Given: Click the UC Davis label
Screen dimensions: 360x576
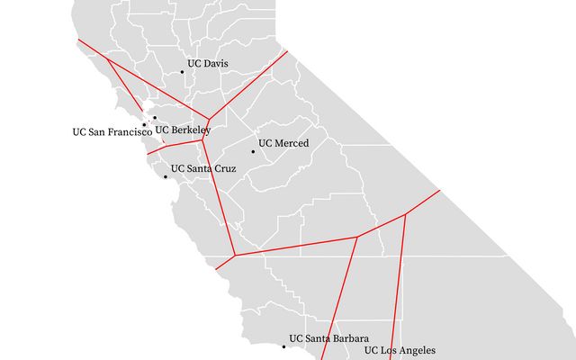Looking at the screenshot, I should point(207,64).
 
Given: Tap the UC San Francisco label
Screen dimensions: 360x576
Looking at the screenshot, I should point(112,132).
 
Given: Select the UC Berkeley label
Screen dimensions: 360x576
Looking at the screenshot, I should point(183,129).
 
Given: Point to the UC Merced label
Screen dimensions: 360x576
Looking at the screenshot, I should point(283,143).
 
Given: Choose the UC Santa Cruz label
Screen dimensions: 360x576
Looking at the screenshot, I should point(203,168).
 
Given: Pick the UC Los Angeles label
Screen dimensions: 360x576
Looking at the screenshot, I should point(400,350).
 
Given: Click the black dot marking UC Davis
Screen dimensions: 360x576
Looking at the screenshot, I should point(182,72).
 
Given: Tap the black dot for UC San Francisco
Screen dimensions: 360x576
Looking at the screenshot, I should point(144,124).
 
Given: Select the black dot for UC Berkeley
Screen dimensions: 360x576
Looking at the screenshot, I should point(155,118).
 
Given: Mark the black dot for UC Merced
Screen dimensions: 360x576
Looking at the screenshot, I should point(253,151).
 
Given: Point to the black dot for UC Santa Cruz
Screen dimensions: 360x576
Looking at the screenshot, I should point(165,176).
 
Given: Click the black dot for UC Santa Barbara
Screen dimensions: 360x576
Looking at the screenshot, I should point(283,346).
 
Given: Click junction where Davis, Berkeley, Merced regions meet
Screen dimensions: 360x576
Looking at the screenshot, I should point(210,118).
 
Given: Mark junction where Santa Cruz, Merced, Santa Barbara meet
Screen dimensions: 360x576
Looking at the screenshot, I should point(236,256).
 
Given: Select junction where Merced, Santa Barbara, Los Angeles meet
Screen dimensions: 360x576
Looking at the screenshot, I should point(357,238).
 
